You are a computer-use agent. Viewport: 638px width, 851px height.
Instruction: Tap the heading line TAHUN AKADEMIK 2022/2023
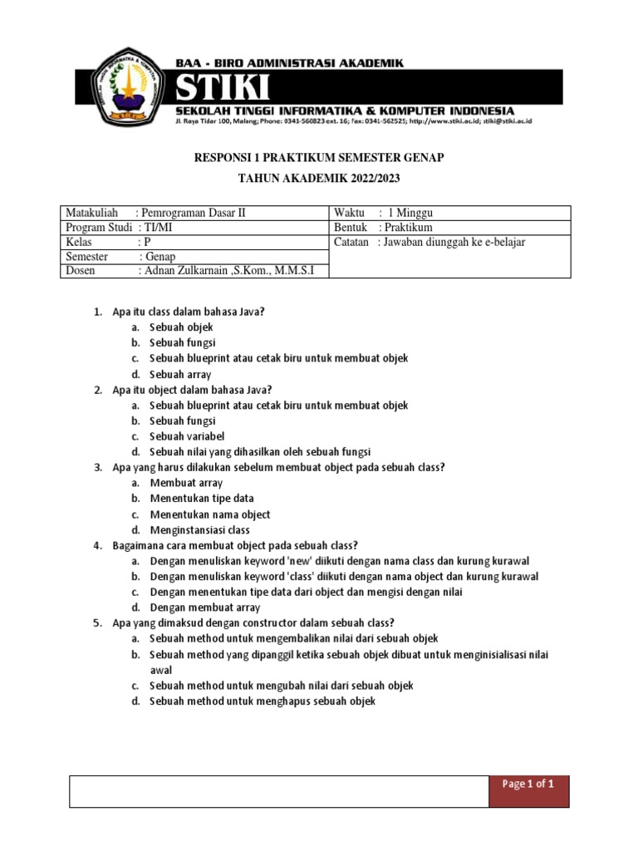tap(318, 179)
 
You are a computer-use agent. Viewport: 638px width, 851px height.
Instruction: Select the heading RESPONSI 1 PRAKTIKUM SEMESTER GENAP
tap(318, 158)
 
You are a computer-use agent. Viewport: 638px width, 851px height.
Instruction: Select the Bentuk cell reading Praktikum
tap(383, 227)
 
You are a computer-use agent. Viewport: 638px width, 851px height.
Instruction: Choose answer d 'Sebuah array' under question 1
tap(180, 374)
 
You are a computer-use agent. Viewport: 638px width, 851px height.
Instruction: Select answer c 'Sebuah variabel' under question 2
tap(187, 436)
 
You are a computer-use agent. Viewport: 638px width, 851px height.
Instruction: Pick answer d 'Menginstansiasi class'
tap(199, 529)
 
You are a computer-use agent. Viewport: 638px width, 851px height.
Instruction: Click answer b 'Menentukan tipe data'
tap(202, 499)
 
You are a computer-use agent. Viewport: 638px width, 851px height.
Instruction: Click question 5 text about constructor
tap(253, 622)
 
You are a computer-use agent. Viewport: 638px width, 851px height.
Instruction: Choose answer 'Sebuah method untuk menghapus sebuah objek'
tap(263, 701)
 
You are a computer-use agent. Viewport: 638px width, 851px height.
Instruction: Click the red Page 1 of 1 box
tap(528, 785)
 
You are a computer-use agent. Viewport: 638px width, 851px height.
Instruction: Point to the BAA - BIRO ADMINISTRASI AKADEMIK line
tap(289, 61)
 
